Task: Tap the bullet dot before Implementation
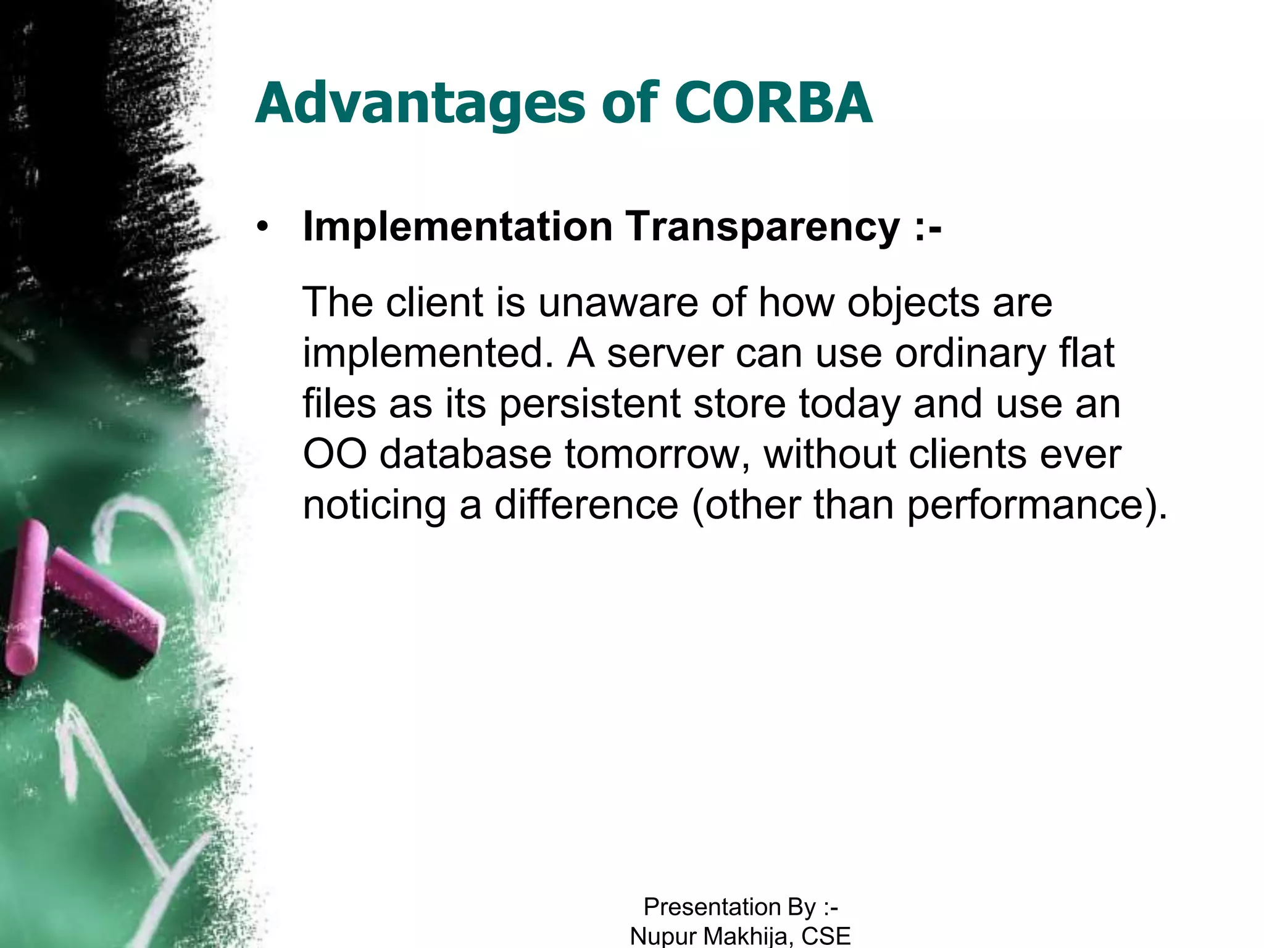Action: coord(264,227)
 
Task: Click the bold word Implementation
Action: coord(457,227)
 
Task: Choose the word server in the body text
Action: coord(665,354)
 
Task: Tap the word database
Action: coord(465,454)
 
